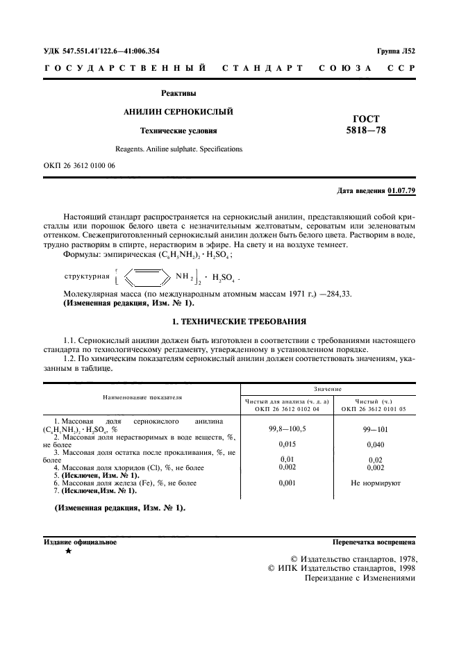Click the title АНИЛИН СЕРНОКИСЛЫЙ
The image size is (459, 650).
(178, 111)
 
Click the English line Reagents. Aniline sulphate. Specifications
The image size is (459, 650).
(178, 149)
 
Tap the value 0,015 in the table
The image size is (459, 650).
(287, 444)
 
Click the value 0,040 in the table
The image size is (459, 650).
(374, 444)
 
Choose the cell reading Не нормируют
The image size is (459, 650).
(375, 482)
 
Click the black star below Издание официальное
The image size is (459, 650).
(68, 551)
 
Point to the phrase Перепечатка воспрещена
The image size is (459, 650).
(374, 541)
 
